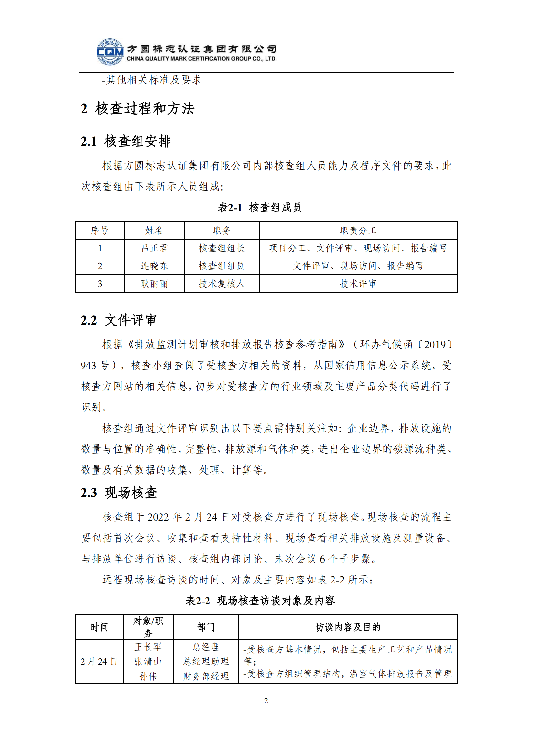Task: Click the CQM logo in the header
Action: click(110, 52)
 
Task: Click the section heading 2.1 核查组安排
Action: click(125, 142)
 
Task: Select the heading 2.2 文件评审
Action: click(119, 320)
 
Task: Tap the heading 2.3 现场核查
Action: click(119, 493)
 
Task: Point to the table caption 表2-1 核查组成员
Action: click(259, 208)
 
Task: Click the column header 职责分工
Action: click(358, 230)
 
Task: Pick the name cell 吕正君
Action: click(154, 248)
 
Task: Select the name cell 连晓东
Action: click(154, 266)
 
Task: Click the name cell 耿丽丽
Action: click(154, 284)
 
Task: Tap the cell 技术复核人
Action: click(222, 284)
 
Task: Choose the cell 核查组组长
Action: click(222, 248)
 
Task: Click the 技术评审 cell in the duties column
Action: click(358, 284)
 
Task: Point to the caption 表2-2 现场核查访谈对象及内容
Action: click(260, 601)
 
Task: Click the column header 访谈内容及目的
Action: click(348, 627)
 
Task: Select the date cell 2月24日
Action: click(99, 661)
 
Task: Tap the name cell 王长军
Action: click(148, 647)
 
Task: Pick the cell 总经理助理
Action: click(206, 661)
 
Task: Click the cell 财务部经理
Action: click(206, 676)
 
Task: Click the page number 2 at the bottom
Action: click(266, 701)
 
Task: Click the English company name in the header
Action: click(201, 59)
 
